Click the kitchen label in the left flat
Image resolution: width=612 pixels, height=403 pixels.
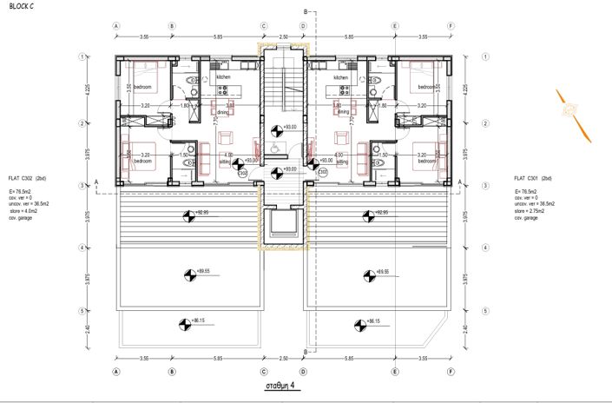[223, 77]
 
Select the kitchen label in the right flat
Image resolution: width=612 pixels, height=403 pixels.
[340, 77]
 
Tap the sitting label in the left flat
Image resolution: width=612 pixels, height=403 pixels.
[224, 162]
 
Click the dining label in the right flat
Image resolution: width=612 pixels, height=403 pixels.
[342, 112]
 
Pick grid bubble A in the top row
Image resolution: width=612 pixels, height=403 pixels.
[116, 26]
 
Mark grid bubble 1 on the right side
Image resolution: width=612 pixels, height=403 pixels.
[483, 56]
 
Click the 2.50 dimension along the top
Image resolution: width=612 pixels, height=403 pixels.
[282, 36]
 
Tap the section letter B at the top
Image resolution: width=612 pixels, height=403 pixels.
[306, 10]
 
